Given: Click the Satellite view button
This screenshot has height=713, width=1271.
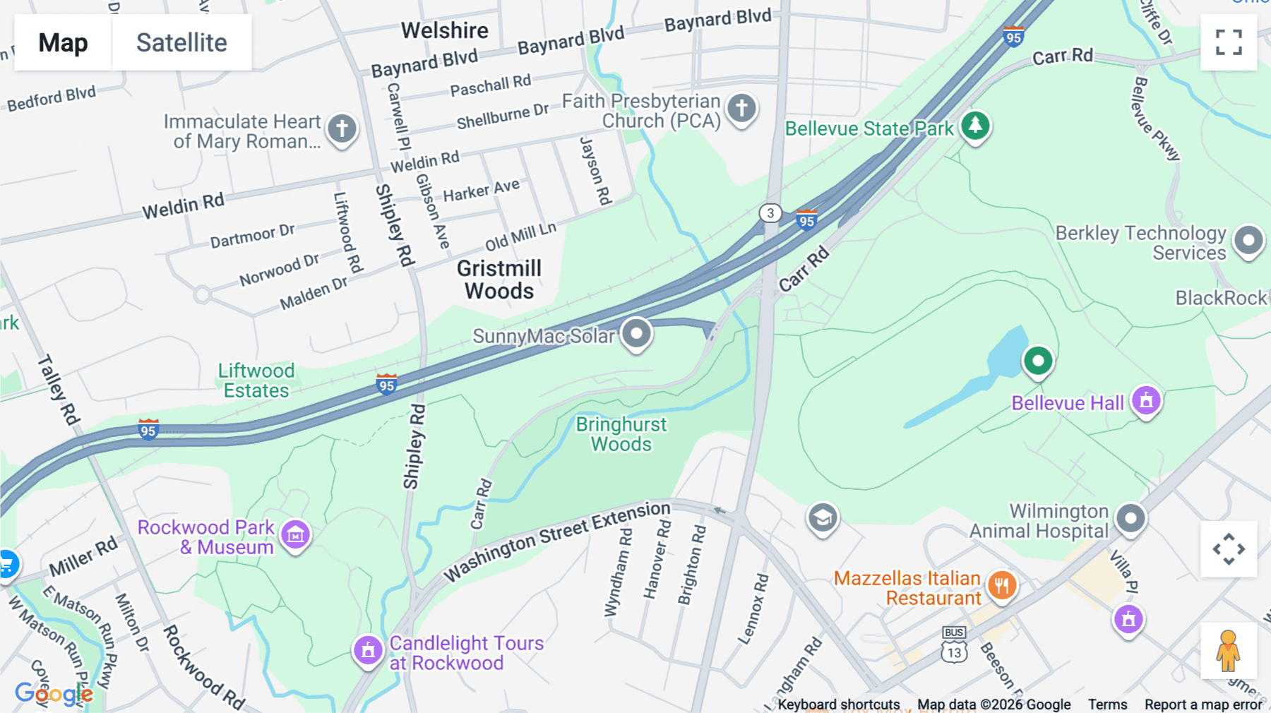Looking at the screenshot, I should tap(181, 42).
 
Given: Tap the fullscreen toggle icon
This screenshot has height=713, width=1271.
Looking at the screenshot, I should tap(1229, 42).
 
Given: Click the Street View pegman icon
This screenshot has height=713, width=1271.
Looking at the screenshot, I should tap(1228, 650).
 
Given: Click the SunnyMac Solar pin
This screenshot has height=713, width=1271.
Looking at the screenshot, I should tap(636, 333).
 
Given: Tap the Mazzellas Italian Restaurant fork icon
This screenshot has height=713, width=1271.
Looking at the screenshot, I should tap(1002, 585).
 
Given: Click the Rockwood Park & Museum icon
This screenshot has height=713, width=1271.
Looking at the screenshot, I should tap(295, 535).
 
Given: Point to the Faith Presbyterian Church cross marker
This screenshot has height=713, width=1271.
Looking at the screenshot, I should tap(741, 109).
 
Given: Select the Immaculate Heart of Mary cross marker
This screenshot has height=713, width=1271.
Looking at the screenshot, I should tap(342, 129).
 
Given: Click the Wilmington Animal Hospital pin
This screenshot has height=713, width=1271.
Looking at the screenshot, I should tap(1130, 519).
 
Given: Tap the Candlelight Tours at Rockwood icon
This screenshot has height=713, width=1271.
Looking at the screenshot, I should tap(368, 650).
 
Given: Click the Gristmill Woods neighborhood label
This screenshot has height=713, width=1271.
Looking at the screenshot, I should tap(499, 280).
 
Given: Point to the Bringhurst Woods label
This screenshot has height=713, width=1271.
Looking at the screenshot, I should tap(621, 434).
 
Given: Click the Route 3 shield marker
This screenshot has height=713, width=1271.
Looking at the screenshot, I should tap(770, 212).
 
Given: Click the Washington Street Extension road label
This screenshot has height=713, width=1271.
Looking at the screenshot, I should tap(557, 541).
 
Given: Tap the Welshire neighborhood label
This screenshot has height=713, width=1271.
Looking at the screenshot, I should tap(444, 30).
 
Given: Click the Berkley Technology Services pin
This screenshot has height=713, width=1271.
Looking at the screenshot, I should tap(1248, 240).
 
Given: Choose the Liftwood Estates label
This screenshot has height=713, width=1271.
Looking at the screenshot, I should tap(256, 381).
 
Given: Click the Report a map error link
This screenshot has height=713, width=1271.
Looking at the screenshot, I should tap(1203, 705).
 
